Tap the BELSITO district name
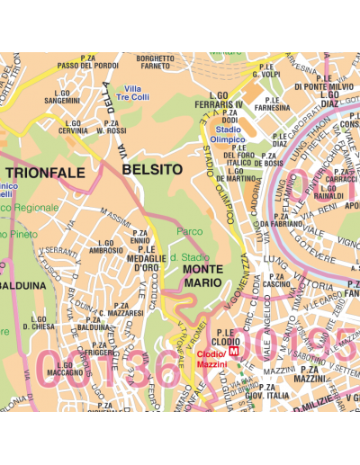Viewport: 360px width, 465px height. [151, 168]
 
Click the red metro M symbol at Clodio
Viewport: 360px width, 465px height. [235, 353]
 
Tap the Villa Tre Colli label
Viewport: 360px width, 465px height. [138, 93]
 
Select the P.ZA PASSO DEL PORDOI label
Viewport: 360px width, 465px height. [87, 62]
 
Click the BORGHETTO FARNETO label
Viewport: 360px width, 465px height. [155, 62]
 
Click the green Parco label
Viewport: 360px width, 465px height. [190, 231]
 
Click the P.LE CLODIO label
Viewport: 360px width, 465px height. [224, 337]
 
